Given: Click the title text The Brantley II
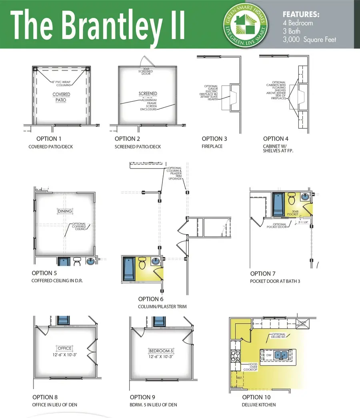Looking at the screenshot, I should pyautogui.click(x=98, y=25).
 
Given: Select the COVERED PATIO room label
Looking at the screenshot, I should pyautogui.click(x=61, y=97).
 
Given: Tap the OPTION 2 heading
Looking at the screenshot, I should pyautogui.click(x=128, y=139).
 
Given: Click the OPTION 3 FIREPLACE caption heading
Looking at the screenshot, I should pyautogui.click(x=214, y=139).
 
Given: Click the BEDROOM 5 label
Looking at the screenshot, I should pyautogui.click(x=161, y=350).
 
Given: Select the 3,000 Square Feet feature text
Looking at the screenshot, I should pyautogui.click(x=309, y=39).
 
